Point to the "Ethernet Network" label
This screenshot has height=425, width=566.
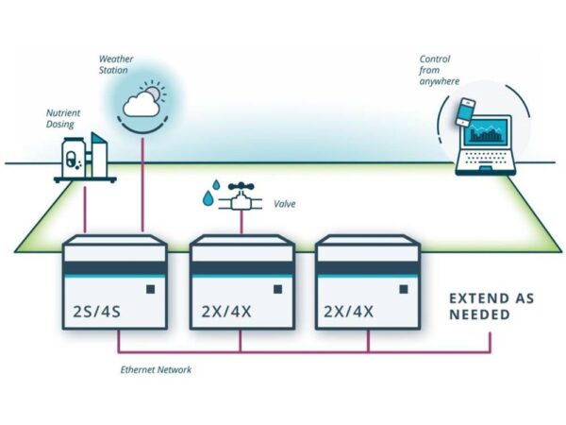(157, 370)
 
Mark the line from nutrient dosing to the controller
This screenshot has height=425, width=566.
(86, 208)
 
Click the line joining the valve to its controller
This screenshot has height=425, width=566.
(242, 223)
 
